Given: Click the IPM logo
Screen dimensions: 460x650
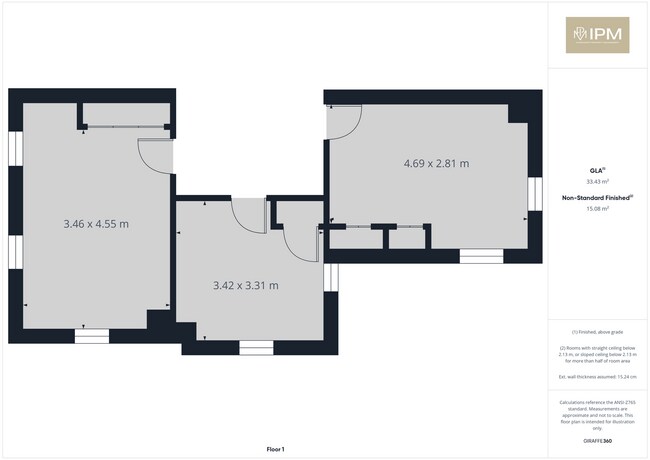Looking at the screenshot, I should tap(597, 35).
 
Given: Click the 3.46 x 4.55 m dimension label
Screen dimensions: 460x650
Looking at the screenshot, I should tap(95, 224).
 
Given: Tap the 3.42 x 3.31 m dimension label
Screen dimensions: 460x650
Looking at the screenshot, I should tap(245, 286).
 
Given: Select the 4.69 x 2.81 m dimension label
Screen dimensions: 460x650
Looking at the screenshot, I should tap(436, 163).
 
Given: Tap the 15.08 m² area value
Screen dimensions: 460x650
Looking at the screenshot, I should tap(597, 209).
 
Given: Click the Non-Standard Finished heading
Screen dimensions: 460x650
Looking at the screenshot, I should tap(597, 198).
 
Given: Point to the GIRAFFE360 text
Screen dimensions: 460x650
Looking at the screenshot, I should tap(597, 441).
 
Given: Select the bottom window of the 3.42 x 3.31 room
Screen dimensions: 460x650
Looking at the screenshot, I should tap(255, 347).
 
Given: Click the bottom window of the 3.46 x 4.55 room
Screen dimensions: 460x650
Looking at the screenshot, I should tap(91, 336).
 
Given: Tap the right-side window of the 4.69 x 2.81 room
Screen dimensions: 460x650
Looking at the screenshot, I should tap(534, 197).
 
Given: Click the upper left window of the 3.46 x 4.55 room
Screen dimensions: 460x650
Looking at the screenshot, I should tap(15, 149).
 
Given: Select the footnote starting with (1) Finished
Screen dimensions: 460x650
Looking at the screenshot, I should tap(597, 332).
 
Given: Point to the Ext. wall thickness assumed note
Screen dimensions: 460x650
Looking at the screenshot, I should tap(597, 376).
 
